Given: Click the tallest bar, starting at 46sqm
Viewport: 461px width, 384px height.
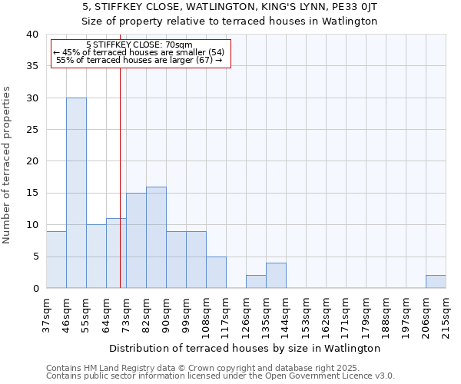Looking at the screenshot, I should coord(76,193).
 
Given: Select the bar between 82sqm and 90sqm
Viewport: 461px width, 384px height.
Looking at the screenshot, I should coord(156,237).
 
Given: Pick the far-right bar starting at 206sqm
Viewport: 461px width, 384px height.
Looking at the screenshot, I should coord(436,282).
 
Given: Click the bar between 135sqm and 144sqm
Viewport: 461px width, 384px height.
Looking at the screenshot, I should coord(276,276).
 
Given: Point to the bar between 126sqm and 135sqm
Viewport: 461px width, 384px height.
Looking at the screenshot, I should coord(256,282).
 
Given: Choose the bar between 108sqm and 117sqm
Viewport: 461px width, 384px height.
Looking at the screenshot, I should coord(216,273).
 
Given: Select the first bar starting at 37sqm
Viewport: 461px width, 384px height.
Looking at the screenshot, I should coord(56,260).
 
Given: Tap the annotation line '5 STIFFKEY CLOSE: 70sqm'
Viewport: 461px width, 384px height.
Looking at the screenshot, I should coord(139,45).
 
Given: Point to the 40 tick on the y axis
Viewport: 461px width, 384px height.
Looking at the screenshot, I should coord(32,35).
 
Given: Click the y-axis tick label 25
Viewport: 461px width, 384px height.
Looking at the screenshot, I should coord(32,130).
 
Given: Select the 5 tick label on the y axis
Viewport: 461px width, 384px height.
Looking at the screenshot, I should coord(35,257).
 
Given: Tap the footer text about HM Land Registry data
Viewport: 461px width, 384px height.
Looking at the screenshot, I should coord(214,368).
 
